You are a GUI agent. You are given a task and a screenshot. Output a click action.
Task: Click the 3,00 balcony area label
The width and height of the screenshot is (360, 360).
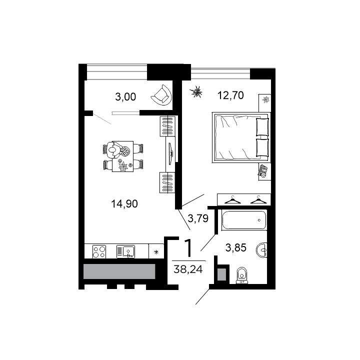click(x=125, y=97)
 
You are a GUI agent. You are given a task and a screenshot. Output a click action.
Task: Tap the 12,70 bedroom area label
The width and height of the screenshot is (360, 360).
click(x=230, y=95)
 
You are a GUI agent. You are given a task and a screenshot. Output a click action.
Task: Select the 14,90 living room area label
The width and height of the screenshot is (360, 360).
click(x=124, y=203)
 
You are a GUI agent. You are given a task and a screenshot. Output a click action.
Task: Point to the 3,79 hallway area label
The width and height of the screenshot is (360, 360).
click(x=197, y=217)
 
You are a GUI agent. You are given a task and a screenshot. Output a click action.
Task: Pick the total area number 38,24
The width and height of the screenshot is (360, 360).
click(x=184, y=268)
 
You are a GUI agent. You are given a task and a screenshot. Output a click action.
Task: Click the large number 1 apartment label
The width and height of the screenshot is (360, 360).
click(x=188, y=248)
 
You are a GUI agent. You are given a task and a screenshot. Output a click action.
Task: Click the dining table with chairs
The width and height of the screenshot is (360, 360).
click(x=122, y=156)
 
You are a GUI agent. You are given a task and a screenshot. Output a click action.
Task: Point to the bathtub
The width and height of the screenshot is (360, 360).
click(x=243, y=220)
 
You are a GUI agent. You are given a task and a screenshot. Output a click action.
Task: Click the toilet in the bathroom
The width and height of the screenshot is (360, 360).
click(x=242, y=275)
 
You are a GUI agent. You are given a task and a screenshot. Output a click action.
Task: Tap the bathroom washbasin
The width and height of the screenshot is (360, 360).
click(x=262, y=248)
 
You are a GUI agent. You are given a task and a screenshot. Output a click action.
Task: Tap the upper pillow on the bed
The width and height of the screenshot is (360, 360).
click(x=262, y=126)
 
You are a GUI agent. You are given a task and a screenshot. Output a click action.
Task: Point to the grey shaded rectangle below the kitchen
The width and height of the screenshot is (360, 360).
click(x=119, y=271)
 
